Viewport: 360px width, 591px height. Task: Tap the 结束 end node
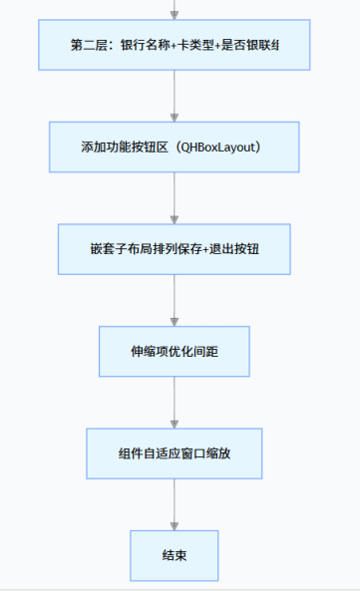(x=174, y=555)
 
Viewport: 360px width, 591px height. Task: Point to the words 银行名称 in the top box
(x=145, y=45)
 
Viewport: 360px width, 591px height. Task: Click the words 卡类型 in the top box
(x=195, y=45)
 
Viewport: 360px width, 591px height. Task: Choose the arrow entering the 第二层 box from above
(x=175, y=10)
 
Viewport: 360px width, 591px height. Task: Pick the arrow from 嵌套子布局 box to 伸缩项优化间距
(x=175, y=299)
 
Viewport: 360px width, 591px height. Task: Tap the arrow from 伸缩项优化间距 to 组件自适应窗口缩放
(x=175, y=402)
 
